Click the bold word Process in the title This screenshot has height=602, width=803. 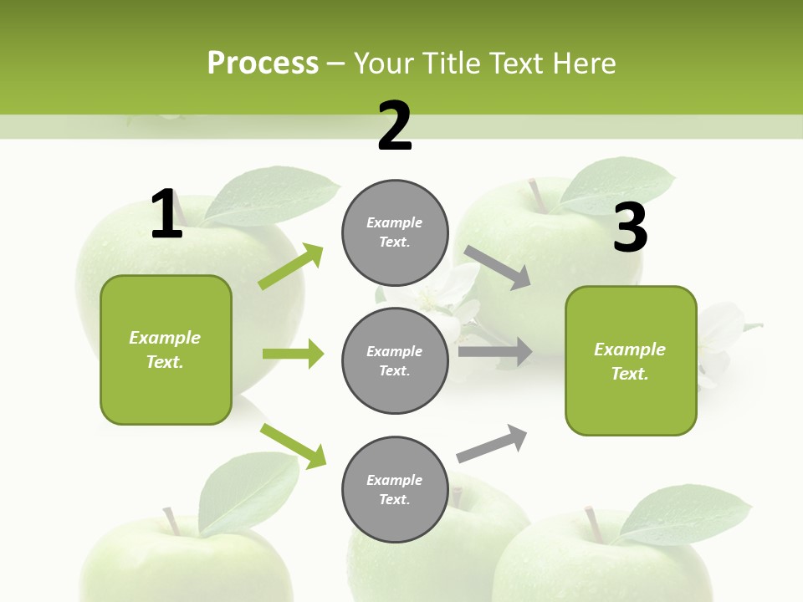(263, 63)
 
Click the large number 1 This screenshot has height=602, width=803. (166, 214)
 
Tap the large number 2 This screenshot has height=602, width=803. (395, 126)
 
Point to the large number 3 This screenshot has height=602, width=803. (630, 227)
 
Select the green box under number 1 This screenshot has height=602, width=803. (166, 349)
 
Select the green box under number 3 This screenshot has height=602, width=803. (631, 360)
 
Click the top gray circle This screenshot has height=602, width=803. (395, 232)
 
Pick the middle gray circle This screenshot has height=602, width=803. (395, 360)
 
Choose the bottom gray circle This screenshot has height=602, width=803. (395, 489)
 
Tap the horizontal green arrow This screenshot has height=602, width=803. (293, 354)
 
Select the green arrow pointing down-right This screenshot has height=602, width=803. (293, 446)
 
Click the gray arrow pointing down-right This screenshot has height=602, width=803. (498, 268)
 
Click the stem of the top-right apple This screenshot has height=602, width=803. (535, 195)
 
